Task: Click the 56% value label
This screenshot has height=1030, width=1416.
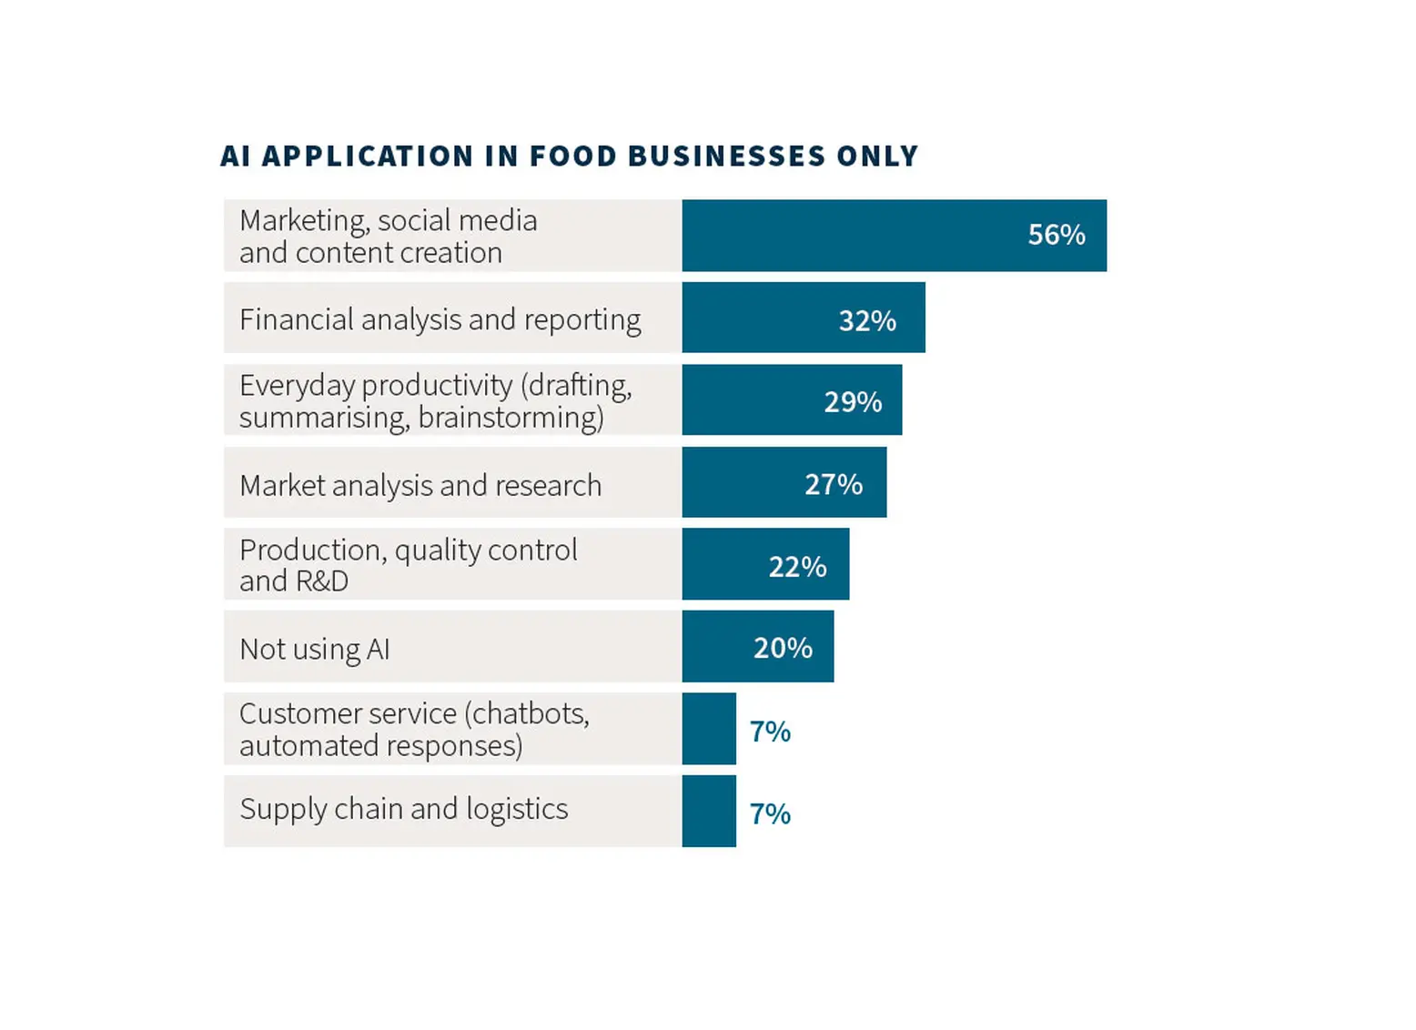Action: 1057,235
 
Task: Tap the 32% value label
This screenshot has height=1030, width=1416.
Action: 867,320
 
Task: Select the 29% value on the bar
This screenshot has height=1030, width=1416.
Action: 853,402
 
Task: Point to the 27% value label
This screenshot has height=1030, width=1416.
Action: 834,484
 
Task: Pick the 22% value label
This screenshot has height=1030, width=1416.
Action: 797,567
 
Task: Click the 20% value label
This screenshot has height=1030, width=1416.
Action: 783,648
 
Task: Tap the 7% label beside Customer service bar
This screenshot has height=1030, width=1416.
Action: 770,732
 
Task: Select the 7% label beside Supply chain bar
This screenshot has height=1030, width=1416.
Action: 770,813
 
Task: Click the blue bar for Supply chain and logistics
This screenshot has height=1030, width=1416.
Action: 709,811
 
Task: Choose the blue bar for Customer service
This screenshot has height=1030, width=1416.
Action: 709,729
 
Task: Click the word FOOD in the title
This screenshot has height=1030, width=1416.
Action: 572,157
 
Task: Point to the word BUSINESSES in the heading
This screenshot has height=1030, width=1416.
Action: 726,157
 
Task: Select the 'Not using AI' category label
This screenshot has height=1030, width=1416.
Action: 315,649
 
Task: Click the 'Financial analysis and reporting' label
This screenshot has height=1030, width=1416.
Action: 440,319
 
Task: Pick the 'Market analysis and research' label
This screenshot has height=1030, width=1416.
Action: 420,485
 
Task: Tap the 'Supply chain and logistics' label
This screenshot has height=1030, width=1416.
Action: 404,809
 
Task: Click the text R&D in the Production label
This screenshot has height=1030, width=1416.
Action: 322,581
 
